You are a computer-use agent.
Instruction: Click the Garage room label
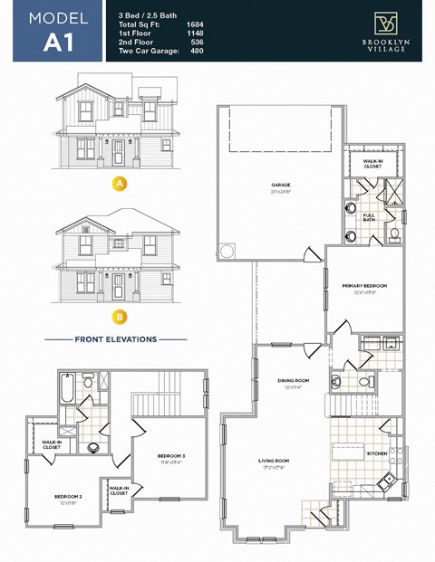[x=280, y=186]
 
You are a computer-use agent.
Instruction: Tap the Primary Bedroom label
[x=365, y=288]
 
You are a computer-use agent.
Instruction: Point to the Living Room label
[x=274, y=462]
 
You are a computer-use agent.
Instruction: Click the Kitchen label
[x=378, y=452]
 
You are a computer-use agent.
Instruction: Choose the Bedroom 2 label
[x=68, y=498]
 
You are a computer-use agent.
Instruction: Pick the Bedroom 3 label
[x=171, y=456]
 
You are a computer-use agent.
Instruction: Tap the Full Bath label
[x=370, y=218]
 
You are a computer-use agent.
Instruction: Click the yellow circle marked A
[x=117, y=184]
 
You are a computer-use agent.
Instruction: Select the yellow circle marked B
[x=117, y=318]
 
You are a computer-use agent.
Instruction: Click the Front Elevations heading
[x=115, y=340]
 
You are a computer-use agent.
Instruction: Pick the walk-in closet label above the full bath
[x=372, y=165]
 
